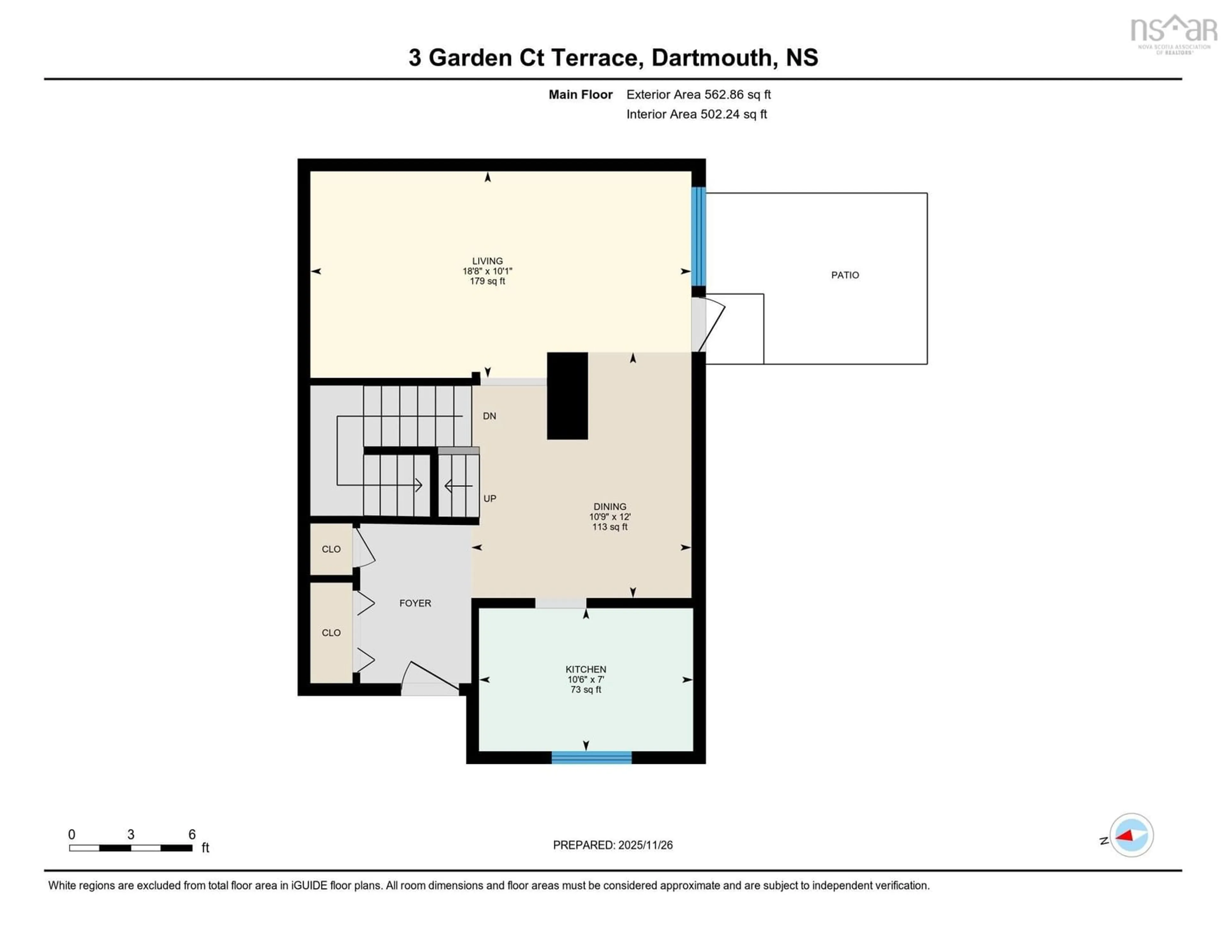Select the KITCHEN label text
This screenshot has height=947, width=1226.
tap(586, 669)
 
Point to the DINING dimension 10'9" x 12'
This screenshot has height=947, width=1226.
tap(609, 516)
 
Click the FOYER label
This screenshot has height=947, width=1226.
tap(415, 603)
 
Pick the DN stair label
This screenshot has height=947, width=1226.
tap(489, 416)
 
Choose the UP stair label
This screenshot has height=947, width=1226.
tap(489, 498)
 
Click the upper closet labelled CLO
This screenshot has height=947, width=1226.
tap(331, 549)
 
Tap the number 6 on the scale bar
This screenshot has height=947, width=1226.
tap(192, 834)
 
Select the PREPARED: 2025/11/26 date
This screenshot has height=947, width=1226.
tap(612, 845)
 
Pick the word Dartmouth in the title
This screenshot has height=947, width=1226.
tap(711, 58)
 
